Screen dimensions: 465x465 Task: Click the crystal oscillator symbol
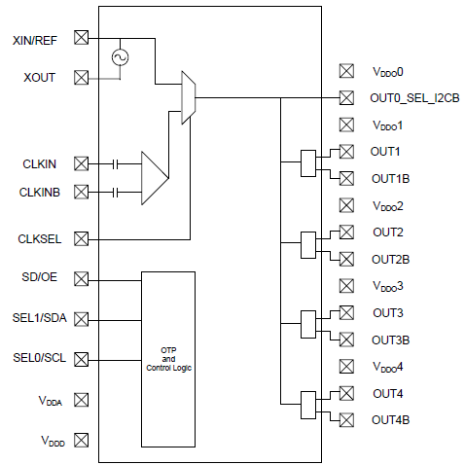coord(121,57)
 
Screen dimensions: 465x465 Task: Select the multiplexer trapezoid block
coord(189,97)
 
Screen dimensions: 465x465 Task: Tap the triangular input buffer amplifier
coord(154,177)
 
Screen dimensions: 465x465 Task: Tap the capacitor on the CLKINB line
coord(117,192)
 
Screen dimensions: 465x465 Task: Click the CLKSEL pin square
coord(82,237)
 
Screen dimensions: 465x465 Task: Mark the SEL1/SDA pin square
coord(82,318)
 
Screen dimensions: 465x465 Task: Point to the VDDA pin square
coord(82,399)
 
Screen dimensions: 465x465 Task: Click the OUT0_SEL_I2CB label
coord(410,98)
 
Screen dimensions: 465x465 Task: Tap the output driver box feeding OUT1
coord(308,163)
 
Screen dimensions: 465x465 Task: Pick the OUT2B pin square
coord(346,258)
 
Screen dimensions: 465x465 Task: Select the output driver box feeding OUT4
coord(308,406)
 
